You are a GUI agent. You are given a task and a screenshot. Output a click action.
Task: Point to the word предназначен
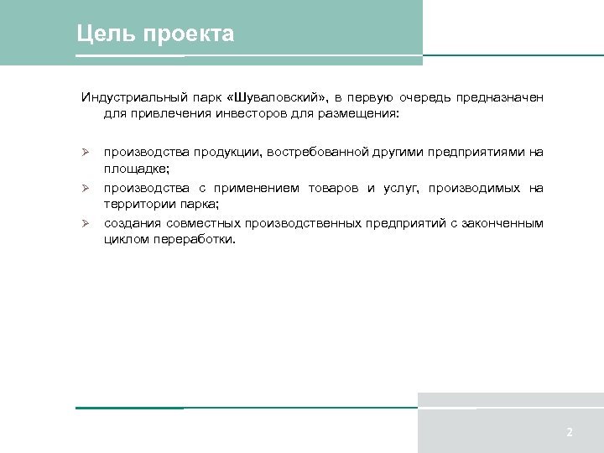point(500,98)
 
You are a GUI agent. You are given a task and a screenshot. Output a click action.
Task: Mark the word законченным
point(504,223)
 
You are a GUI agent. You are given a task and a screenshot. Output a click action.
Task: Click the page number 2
point(570,433)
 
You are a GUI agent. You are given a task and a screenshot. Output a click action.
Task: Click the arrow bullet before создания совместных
point(85,223)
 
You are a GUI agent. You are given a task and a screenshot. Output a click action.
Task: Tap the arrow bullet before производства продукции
point(85,153)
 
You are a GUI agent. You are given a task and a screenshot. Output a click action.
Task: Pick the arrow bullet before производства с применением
point(85,188)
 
